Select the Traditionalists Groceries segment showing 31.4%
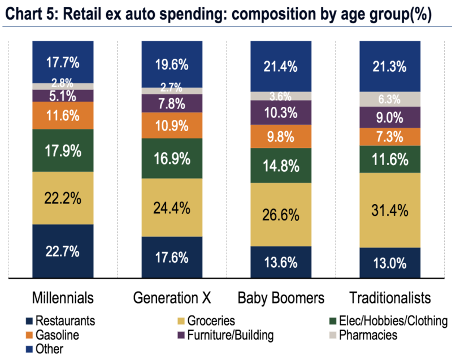tap(389, 210)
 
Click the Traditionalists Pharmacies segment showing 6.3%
tap(389, 99)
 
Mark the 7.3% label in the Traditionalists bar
tap(389, 136)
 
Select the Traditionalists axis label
tap(389, 298)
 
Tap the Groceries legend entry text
tap(213, 322)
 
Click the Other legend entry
tap(50, 349)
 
